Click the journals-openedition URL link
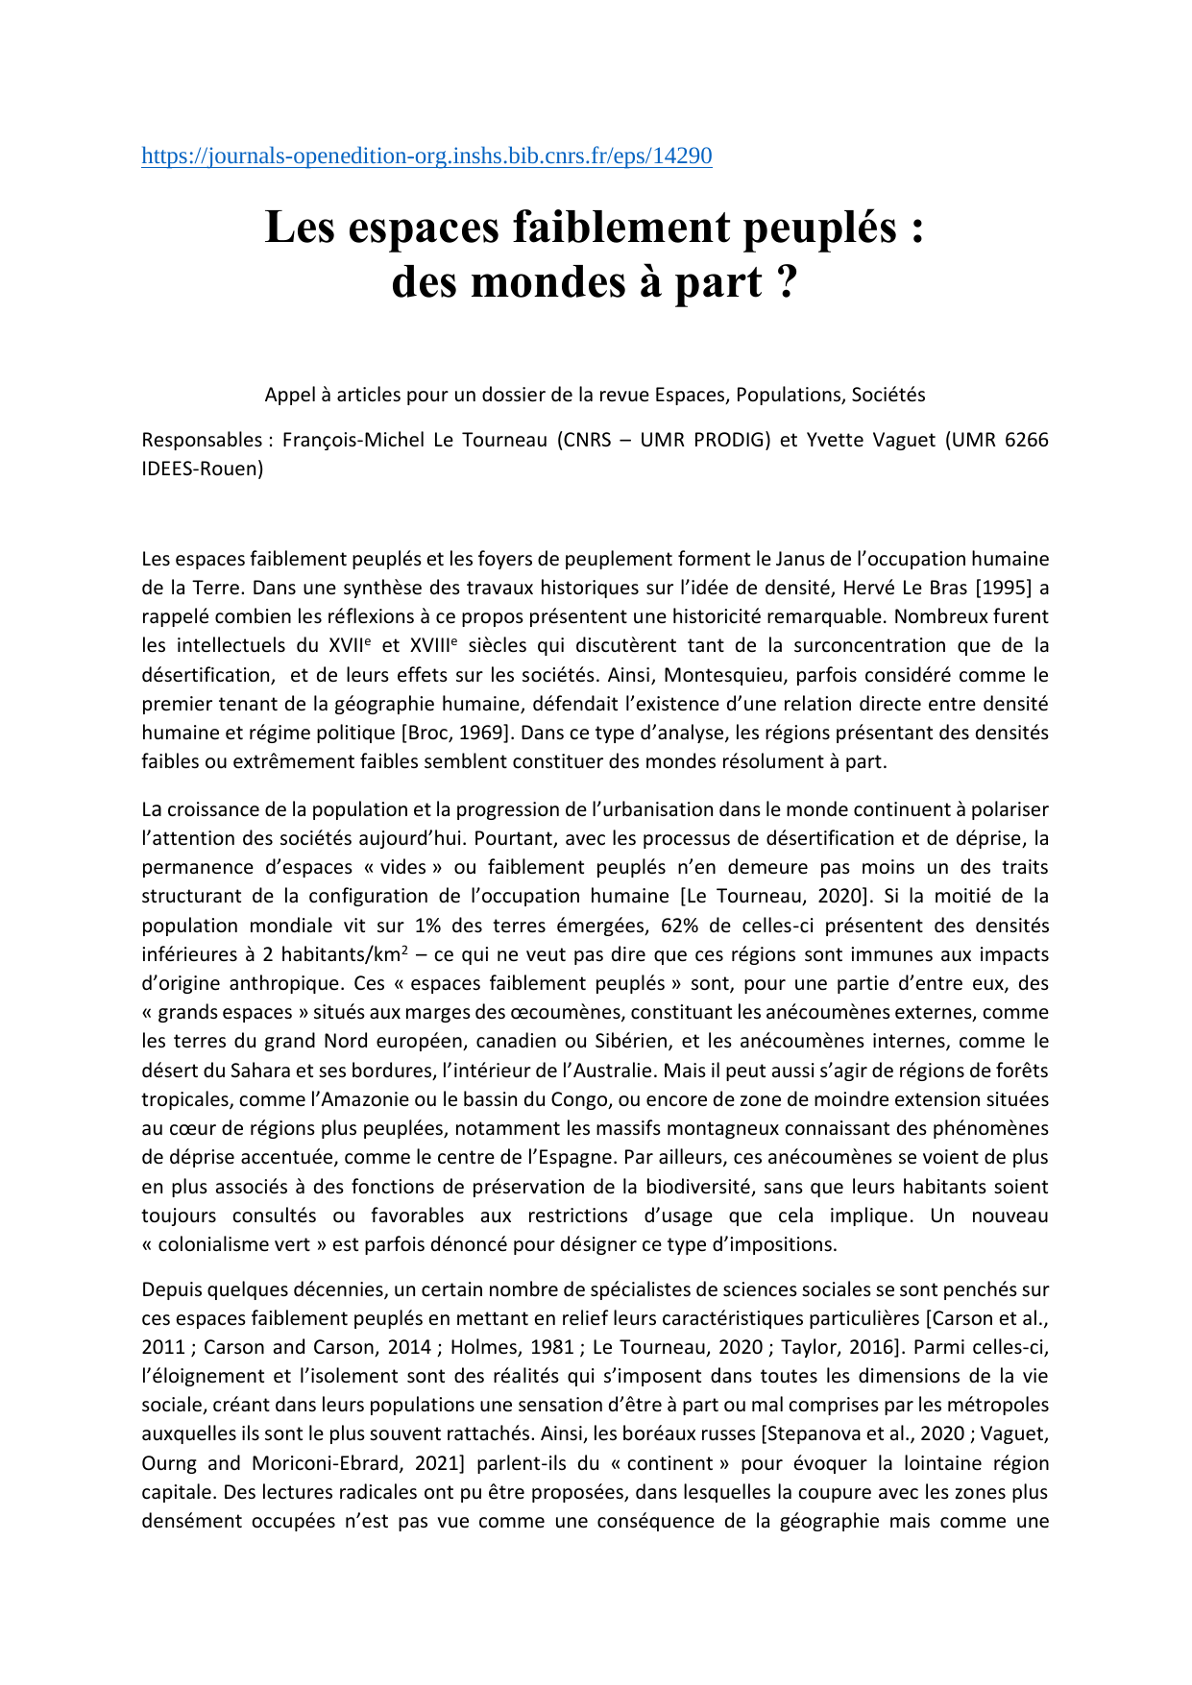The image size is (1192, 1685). point(426,156)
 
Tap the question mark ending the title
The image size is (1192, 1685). point(786,282)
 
